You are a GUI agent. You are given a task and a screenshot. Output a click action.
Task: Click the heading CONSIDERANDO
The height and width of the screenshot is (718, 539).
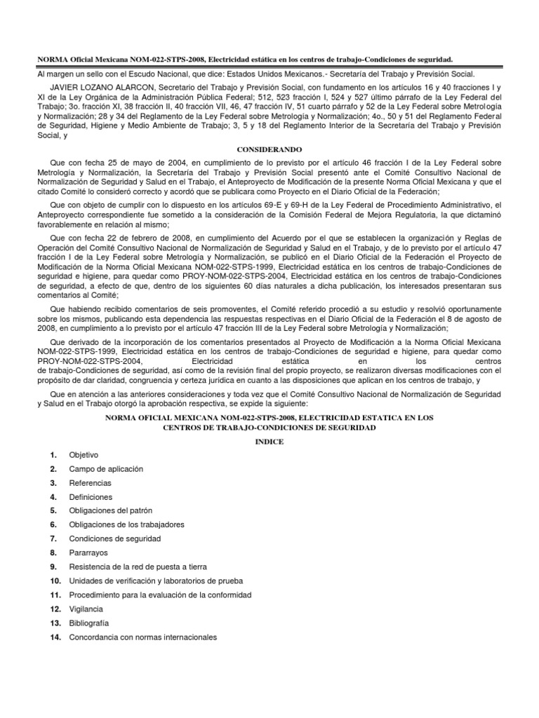pyautogui.click(x=269, y=150)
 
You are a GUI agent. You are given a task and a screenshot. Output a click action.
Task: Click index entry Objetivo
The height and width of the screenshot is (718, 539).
pyautogui.click(x=84, y=454)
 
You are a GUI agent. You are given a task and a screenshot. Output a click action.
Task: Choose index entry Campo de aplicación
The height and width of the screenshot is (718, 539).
pyautogui.click(x=106, y=468)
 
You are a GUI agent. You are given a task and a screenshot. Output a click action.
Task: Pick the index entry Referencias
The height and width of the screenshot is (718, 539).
pyautogui.click(x=90, y=483)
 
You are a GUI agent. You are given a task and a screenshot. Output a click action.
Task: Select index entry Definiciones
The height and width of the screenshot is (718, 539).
pyautogui.click(x=91, y=496)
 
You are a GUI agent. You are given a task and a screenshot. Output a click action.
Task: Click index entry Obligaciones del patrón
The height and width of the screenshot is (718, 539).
pyautogui.click(x=111, y=510)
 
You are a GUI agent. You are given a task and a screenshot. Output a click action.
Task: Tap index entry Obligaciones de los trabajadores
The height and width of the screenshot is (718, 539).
pyautogui.click(x=127, y=524)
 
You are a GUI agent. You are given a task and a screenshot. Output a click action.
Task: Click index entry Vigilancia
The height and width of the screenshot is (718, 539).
pyautogui.click(x=86, y=609)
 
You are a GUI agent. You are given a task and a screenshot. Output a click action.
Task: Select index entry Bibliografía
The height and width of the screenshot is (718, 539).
pyautogui.click(x=89, y=623)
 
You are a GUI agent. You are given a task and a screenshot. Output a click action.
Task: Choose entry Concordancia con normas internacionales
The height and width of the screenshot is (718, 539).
pyautogui.click(x=143, y=637)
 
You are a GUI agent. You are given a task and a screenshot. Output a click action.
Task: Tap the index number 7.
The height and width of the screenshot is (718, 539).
pyautogui.click(x=53, y=538)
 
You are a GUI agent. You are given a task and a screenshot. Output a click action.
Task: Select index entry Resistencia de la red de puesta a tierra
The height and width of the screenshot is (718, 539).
pyautogui.click(x=138, y=567)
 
